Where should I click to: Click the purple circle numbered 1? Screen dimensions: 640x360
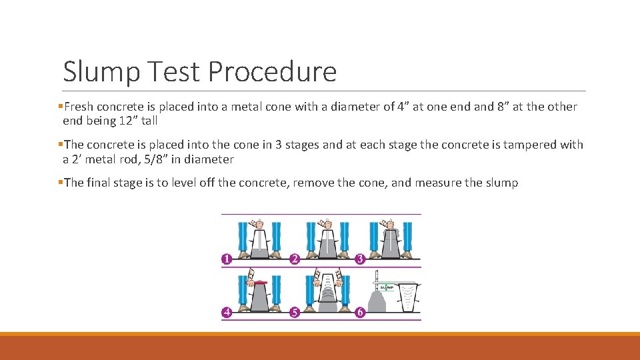coord(227,259)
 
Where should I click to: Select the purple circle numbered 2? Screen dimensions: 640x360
coord(294,259)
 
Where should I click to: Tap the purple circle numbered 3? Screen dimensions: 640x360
coord(361,259)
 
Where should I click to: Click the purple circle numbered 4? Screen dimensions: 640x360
coord(227,312)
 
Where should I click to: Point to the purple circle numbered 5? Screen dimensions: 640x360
coord(294,312)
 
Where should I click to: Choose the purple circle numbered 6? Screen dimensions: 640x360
coord(361,312)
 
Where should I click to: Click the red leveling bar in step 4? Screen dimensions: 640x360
coord(258,283)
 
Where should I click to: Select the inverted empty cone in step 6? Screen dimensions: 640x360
coord(407,299)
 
